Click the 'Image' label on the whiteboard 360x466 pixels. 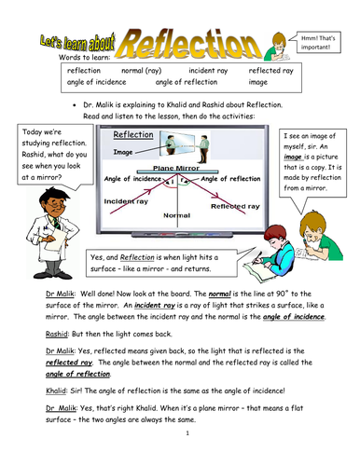122,149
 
